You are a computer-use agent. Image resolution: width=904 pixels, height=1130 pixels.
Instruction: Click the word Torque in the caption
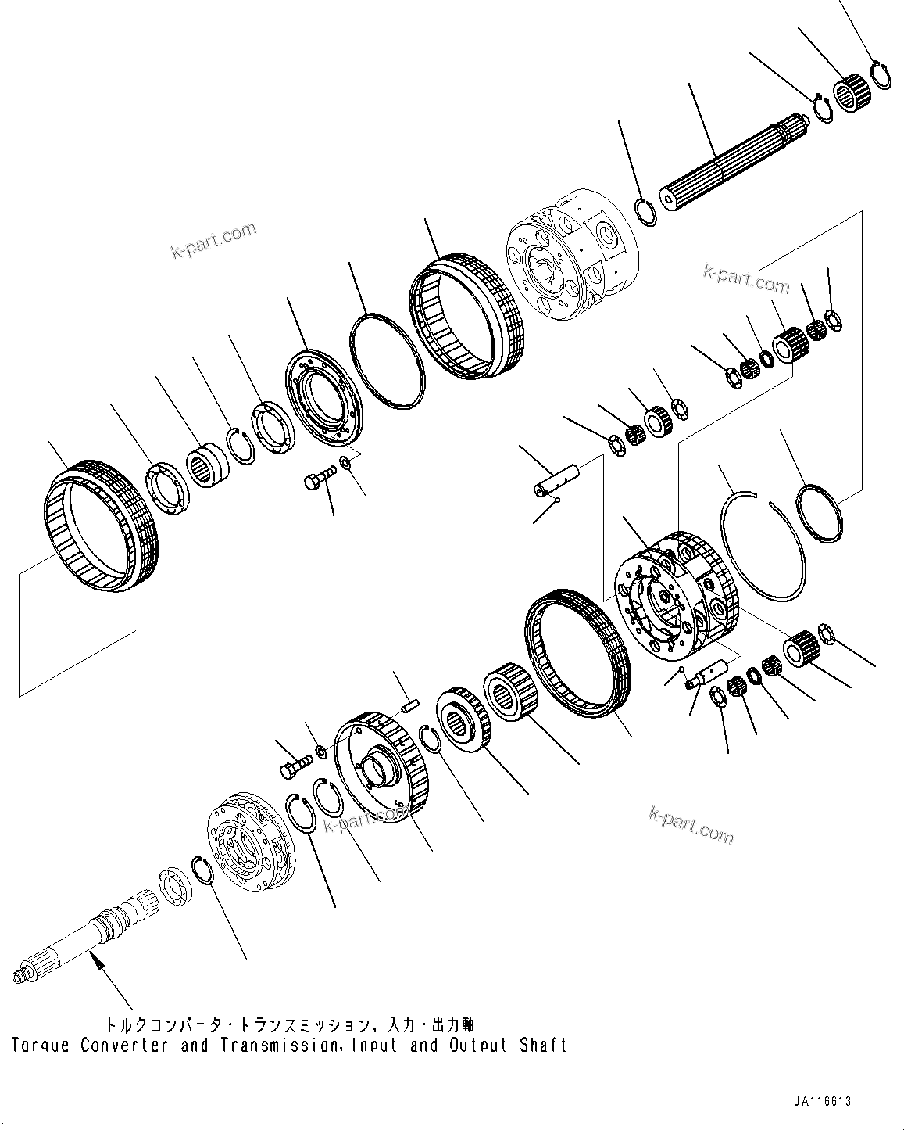37,1046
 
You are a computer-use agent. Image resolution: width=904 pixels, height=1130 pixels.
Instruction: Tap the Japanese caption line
289,1024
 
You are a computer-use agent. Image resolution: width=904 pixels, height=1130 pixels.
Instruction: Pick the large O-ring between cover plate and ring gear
388,360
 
